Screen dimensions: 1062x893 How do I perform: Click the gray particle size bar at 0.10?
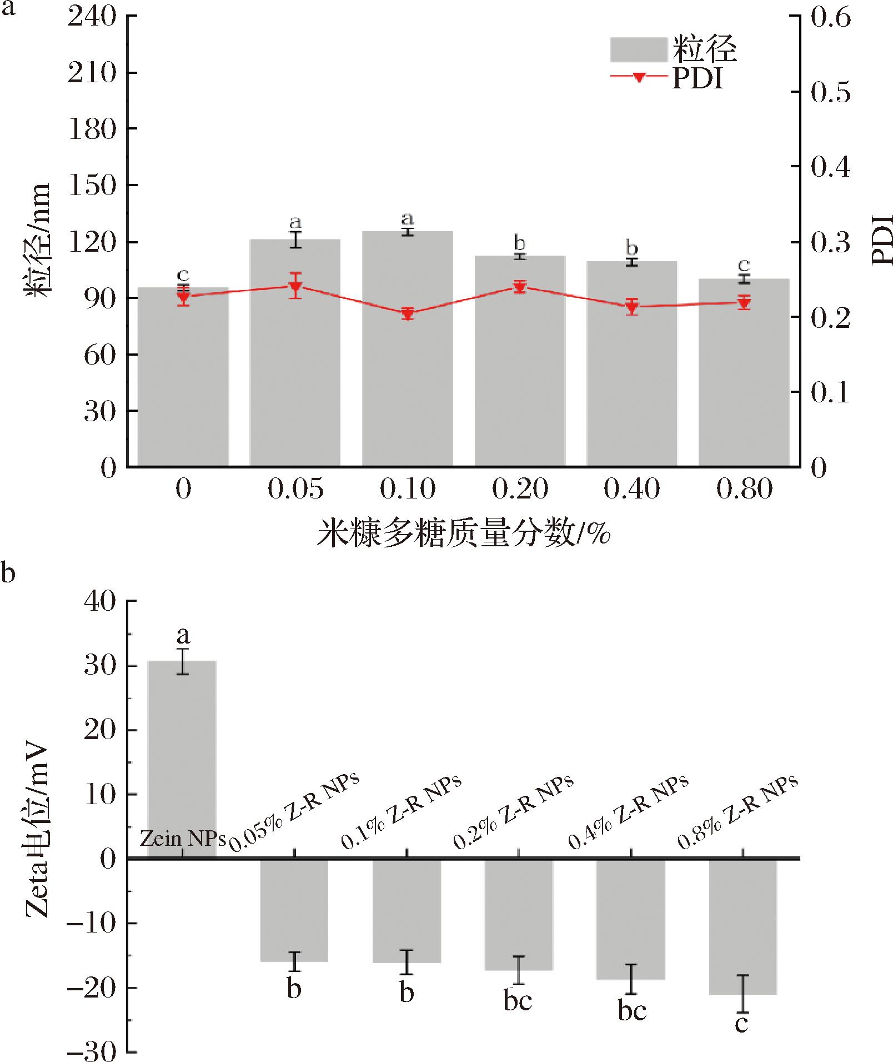(407, 356)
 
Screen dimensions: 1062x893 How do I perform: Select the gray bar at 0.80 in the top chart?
(744, 378)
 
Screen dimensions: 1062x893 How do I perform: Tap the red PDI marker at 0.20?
(520, 287)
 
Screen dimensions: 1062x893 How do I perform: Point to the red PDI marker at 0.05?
(295, 287)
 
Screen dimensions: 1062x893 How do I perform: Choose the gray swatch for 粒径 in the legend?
(638, 49)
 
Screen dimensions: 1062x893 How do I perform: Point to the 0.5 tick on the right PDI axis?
(830, 92)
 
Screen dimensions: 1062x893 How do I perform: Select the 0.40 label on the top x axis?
(631, 489)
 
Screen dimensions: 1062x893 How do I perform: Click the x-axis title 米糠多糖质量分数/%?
(464, 534)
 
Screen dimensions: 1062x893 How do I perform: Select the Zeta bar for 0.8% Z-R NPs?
(743, 928)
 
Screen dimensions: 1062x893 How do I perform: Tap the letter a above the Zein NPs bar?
(183, 635)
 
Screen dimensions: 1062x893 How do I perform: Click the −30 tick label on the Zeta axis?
(92, 1051)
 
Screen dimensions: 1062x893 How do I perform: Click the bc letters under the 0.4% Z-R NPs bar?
(632, 1010)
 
